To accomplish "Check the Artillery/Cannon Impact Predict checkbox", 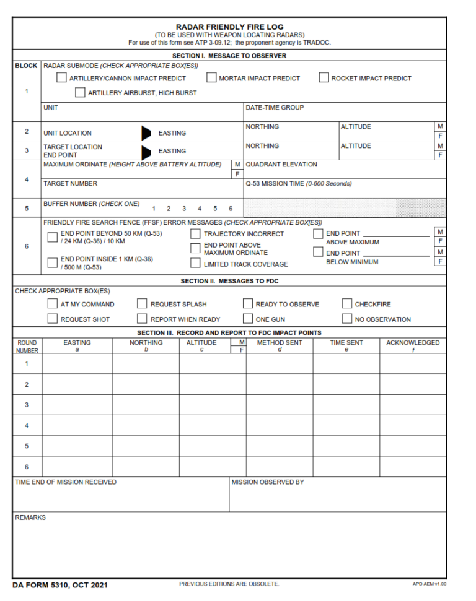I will [x=61, y=78].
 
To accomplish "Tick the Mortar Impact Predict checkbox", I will [x=211, y=78].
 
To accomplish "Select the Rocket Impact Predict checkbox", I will [x=324, y=78].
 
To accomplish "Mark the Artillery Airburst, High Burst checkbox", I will [x=80, y=93].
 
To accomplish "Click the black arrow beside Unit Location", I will [x=146, y=132].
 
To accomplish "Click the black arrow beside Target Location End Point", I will [x=146, y=151].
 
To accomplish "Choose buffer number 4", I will [x=199, y=209].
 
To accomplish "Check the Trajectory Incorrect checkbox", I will [x=195, y=234].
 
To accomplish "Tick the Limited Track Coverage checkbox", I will [x=195, y=264].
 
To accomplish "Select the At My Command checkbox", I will [x=53, y=304].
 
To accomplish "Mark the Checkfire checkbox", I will [x=347, y=304].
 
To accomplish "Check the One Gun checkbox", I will [x=248, y=319].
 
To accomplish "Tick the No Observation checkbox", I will [x=347, y=319].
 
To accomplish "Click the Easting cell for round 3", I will [x=77, y=405].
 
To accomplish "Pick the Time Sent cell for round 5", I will [x=346, y=446].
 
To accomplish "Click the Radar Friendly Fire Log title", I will [x=229, y=27].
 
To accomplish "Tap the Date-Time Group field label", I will [x=275, y=108].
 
